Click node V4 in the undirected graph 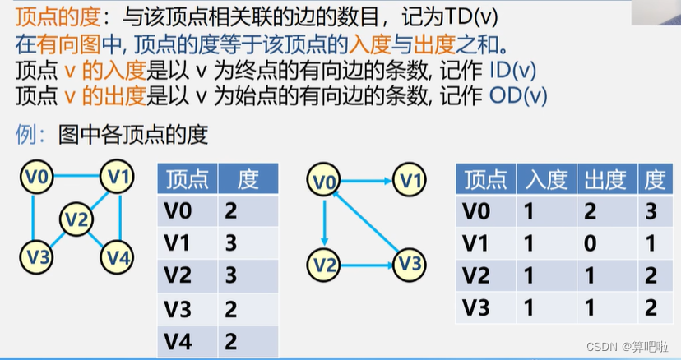pyautogui.click(x=117, y=258)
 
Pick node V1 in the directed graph pyautogui.click(x=410, y=178)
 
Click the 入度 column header pyautogui.click(x=546, y=179)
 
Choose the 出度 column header pyautogui.click(x=605, y=179)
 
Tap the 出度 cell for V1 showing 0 pyautogui.click(x=591, y=243)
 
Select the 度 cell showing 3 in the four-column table pyautogui.click(x=651, y=211)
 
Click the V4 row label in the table pyautogui.click(x=178, y=339)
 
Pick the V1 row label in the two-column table pyautogui.click(x=178, y=244)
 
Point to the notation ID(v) pyautogui.click(x=512, y=70)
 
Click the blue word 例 pyautogui.click(x=25, y=134)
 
